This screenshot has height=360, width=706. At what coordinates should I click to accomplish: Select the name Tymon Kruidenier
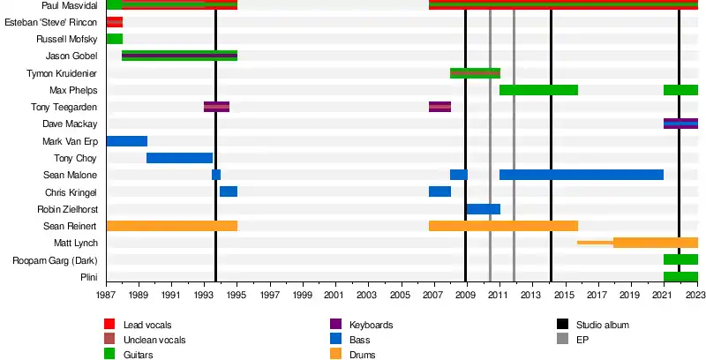tap(64, 73)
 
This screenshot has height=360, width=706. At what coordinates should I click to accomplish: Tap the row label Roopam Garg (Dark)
tap(55, 260)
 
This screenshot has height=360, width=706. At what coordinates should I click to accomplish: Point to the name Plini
tap(86, 277)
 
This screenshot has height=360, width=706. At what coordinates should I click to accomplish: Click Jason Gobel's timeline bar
tap(179, 56)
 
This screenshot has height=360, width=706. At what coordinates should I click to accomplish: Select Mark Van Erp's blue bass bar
tap(127, 141)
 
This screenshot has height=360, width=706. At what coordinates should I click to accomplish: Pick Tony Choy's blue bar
tap(179, 158)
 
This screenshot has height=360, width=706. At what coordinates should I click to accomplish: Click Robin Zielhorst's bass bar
tap(483, 209)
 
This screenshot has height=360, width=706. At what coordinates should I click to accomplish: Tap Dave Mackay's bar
tap(680, 124)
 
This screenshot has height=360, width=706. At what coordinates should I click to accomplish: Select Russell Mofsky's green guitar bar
tap(115, 39)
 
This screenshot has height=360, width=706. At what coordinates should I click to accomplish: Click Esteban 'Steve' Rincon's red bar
tap(115, 22)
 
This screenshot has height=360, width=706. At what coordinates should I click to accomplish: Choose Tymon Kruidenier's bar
tap(475, 73)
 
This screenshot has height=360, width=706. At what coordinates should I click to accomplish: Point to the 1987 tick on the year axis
tap(107, 294)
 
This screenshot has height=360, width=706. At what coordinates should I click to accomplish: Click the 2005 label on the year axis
tap(400, 294)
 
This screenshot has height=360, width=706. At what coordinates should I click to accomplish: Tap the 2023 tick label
tap(695, 294)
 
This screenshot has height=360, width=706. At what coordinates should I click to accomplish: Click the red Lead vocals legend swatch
tap(110, 325)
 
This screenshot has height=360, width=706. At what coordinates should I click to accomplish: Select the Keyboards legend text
tap(371, 325)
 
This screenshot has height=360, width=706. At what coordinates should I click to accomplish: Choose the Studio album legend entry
tap(604, 325)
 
